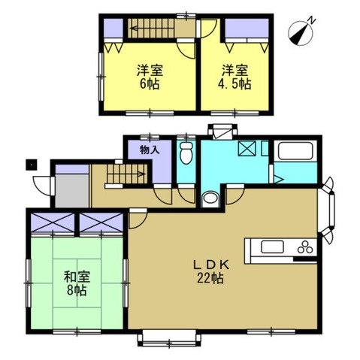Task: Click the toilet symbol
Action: (186, 153)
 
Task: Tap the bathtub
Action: (295, 151)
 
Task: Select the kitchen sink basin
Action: (272, 247)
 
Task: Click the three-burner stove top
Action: (305, 247)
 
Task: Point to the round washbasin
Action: (210, 198)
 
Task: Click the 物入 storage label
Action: (150, 150)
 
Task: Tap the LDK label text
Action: (210, 265)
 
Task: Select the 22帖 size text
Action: (210, 277)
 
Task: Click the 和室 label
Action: (77, 277)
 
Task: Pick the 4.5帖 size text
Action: (234, 84)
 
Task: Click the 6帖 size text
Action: (150, 84)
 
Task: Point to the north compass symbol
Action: (301, 34)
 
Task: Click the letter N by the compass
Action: (311, 20)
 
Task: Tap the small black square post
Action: (32, 165)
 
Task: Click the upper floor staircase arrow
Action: (152, 29)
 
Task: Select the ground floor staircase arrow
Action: (126, 174)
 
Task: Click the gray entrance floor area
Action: (72, 190)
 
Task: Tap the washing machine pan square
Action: (247, 149)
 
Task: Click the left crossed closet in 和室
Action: (53, 222)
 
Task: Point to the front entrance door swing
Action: (43, 186)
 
